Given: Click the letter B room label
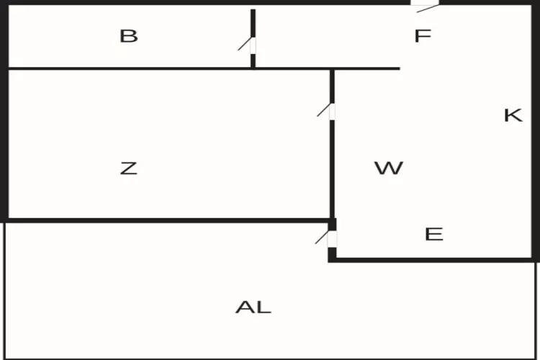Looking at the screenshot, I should pyautogui.click(x=129, y=36).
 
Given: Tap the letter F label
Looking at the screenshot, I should pyautogui.click(x=423, y=36).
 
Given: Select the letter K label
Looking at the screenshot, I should pyautogui.click(x=513, y=115).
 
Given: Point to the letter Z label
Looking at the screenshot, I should pyautogui.click(x=128, y=168).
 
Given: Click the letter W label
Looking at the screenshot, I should pyautogui.click(x=388, y=168).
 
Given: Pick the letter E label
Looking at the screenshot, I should pyautogui.click(x=434, y=235).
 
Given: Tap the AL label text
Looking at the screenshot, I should pyautogui.click(x=253, y=307).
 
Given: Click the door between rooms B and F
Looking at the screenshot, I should pyautogui.click(x=253, y=45).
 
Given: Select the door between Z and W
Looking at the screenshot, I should pyautogui.click(x=332, y=112).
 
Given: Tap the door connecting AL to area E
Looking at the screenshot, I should pyautogui.click(x=332, y=238).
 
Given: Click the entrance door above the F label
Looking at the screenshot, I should pyautogui.click(x=425, y=4).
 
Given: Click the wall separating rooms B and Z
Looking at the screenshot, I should pyautogui.click(x=130, y=68).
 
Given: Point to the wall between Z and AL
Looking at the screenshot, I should pyautogui.click(x=166, y=220).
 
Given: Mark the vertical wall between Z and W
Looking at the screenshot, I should pyautogui.click(x=332, y=166).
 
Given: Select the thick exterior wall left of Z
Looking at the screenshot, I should pyautogui.click(x=4, y=144).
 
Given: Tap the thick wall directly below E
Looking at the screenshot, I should pyautogui.click(x=432, y=259).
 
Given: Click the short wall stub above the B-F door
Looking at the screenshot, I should pyautogui.click(x=253, y=22).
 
